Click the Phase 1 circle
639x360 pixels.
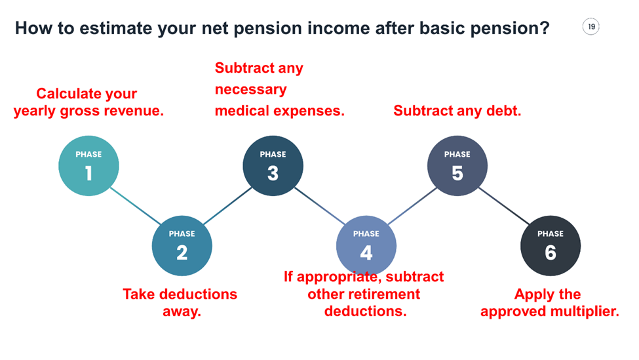pos(88,167)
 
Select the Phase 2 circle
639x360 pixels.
pos(182,246)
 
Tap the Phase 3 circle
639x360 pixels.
pos(273,167)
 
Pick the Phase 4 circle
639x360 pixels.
pos(366,246)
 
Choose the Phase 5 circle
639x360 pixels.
pos(457,167)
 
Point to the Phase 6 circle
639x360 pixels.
pos(550,246)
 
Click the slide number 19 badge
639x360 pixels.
pos(591,27)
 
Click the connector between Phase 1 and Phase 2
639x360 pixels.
pos(135,207)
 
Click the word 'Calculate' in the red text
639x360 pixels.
pos(68,94)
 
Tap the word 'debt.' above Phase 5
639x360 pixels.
pos(504,111)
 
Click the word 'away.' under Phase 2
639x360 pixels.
pos(182,311)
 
